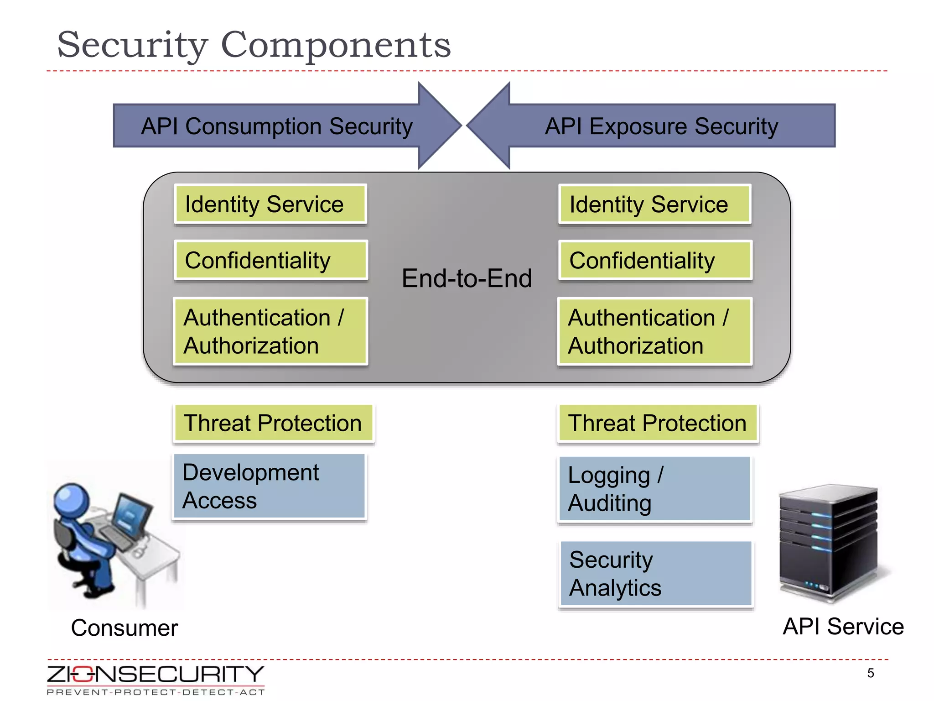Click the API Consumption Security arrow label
click(276, 126)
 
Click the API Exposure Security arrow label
click(661, 126)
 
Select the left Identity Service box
click(270, 204)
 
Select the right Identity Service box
click(654, 204)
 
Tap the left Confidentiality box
click(270, 260)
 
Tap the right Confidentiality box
click(655, 260)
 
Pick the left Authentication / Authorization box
click(270, 331)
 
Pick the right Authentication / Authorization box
click(654, 331)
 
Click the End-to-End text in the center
click(467, 278)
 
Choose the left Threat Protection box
click(273, 423)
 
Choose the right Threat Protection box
click(658, 423)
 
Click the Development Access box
click(270, 487)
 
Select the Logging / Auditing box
click(654, 489)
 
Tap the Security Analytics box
click(655, 574)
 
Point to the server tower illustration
click(828, 543)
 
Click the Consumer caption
click(124, 628)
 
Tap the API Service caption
click(843, 626)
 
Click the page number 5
click(870, 673)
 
